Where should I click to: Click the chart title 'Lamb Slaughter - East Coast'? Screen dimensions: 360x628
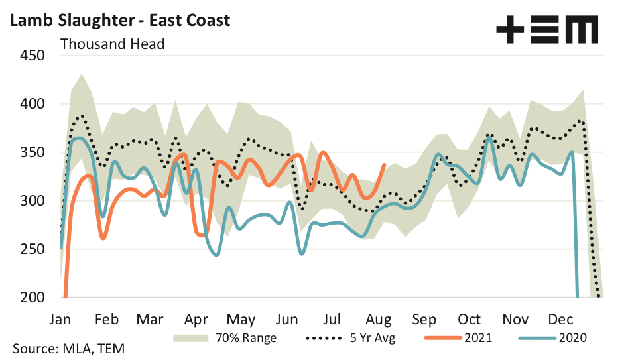pyautogui.click(x=119, y=20)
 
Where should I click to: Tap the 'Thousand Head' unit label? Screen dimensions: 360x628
pyautogui.click(x=112, y=44)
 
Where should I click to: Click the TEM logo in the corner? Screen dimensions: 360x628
pyautogui.click(x=547, y=30)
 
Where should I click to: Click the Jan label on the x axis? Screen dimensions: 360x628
pyautogui.click(x=60, y=318)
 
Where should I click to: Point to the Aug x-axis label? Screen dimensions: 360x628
pyautogui.click(x=378, y=318)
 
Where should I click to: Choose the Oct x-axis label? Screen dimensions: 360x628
pyautogui.click(x=469, y=318)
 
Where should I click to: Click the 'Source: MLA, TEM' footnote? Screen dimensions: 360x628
pyautogui.click(x=68, y=349)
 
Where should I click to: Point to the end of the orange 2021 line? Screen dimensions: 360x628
pyautogui.click(x=385, y=165)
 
